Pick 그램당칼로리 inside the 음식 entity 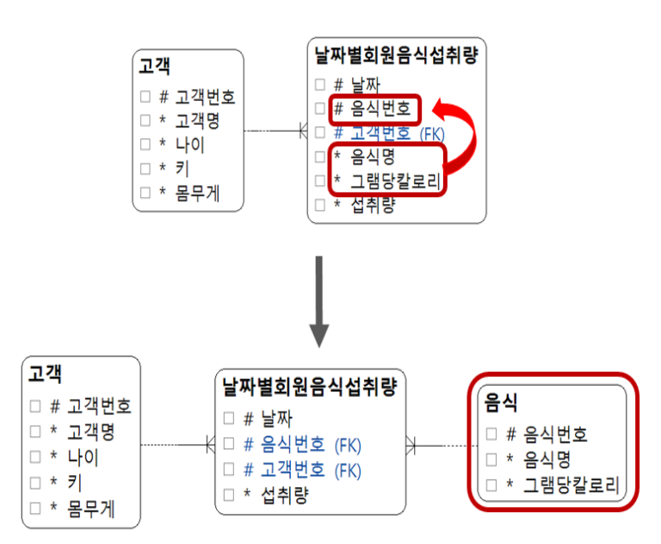tap(571, 485)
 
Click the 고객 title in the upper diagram tap(154, 65)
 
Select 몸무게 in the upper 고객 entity tap(197, 193)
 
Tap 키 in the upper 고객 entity tap(182, 169)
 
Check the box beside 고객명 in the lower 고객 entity tap(35, 431)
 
